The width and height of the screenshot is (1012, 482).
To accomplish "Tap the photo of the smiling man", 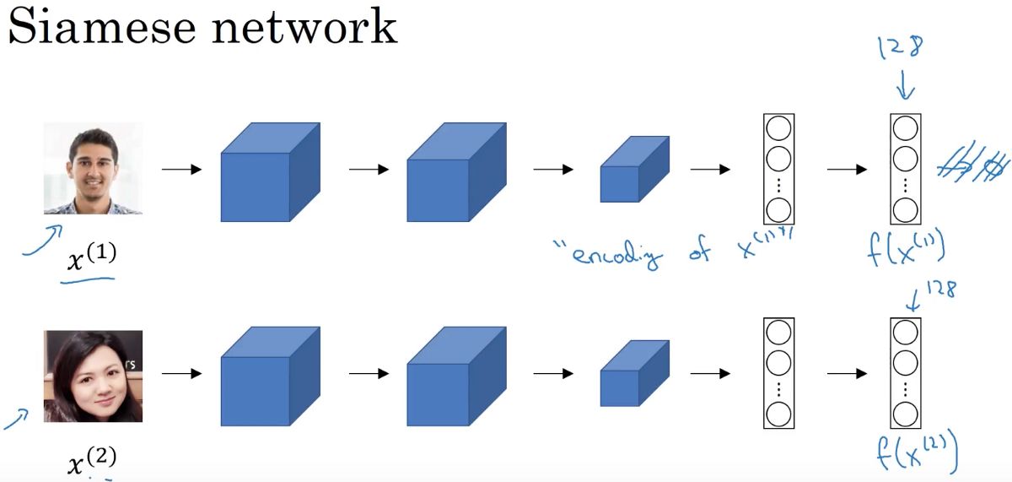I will pos(93,168).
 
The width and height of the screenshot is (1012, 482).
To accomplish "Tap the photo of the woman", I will pos(93,376).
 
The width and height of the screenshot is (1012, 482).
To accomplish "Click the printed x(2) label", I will pos(91,460).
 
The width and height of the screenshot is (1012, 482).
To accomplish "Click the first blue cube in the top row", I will pos(270,172).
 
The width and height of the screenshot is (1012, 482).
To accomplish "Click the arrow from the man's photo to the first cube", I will pos(181,170).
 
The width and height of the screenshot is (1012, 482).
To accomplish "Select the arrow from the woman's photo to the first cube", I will pos(181,372).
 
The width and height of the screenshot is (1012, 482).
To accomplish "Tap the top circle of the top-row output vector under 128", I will pos(905,129).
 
